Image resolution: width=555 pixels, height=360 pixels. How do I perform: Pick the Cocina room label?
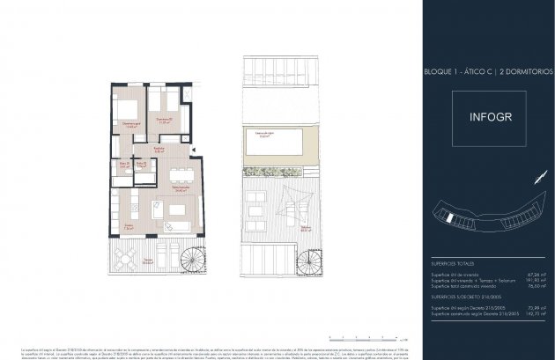(128, 225)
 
